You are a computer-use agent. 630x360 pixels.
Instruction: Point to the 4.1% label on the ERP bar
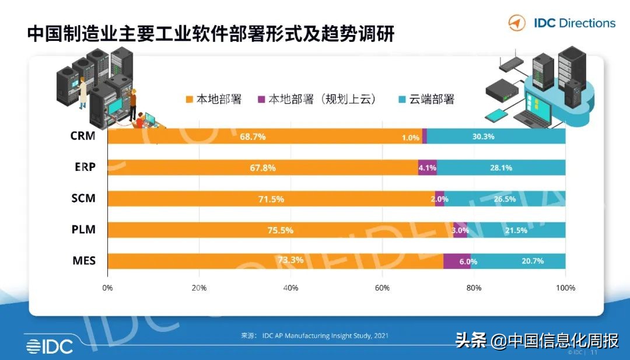click(427, 168)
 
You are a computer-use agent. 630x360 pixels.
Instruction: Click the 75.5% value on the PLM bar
click(280, 230)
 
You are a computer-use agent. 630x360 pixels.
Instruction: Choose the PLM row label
click(83, 230)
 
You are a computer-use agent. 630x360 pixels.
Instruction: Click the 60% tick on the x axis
click(382, 288)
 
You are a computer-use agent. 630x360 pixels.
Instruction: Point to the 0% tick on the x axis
click(108, 288)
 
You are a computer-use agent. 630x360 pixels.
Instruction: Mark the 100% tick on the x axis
click(565, 288)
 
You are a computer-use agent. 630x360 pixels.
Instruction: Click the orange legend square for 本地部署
click(189, 99)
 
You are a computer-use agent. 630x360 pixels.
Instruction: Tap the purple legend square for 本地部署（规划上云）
click(261, 99)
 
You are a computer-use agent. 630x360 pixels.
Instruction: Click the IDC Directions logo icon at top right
click(517, 23)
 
